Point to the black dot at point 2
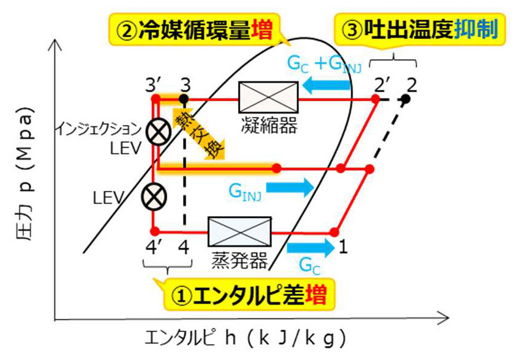point(406,98)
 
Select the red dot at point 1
point(334,231)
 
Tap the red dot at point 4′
point(156,231)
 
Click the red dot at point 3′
point(156,97)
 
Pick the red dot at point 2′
point(378,98)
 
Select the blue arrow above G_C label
point(311,247)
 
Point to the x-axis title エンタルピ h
point(256,336)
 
